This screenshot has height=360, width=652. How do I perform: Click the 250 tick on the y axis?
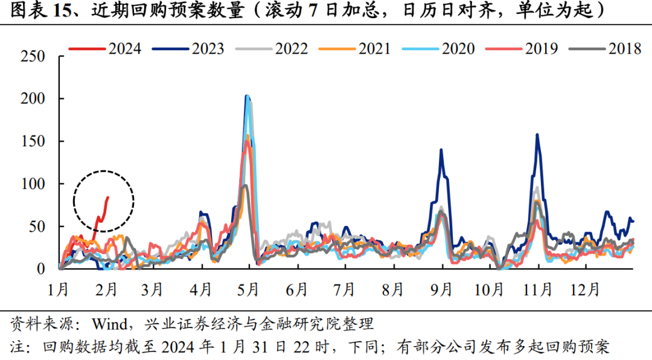point(33,56)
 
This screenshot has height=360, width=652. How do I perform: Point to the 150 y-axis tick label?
point(33,141)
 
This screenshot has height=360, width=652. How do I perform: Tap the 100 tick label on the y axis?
point(33,184)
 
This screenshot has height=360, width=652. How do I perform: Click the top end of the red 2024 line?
point(108,197)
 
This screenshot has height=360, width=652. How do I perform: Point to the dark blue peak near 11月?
point(537,135)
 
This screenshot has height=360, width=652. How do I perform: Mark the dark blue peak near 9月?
point(441,150)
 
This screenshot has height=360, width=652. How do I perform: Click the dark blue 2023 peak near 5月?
point(246,96)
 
